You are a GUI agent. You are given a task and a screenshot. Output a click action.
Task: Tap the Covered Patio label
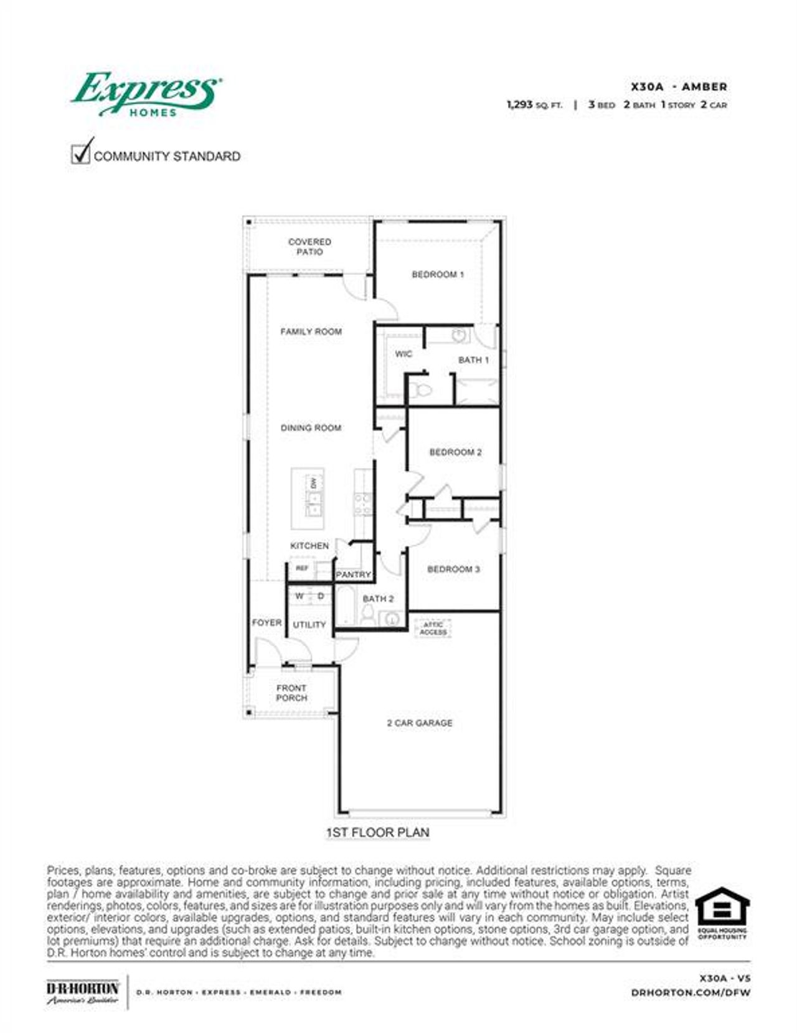309,247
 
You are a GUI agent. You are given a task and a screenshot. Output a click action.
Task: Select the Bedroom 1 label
438,274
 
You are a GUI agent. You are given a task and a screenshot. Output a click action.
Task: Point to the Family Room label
311,331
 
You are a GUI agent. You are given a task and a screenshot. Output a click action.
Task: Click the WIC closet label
403,354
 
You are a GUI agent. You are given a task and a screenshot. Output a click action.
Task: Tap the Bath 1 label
473,360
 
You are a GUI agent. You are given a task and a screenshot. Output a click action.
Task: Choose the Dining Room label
311,428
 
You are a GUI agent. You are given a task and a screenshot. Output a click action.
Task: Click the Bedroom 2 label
455,452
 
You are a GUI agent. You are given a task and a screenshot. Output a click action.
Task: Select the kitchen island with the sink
308,498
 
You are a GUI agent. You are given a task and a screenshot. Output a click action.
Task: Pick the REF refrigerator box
302,568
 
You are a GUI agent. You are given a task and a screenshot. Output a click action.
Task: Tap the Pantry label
353,574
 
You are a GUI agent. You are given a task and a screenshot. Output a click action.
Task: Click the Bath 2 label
378,599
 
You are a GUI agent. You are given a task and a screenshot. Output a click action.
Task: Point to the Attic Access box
433,628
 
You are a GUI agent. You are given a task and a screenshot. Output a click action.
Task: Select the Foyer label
266,622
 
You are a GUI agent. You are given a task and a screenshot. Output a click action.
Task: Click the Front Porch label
291,693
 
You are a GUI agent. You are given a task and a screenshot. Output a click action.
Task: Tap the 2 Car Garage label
420,723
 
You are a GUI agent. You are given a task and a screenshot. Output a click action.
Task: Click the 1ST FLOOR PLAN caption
378,832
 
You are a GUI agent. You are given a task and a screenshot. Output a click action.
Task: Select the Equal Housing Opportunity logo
722,913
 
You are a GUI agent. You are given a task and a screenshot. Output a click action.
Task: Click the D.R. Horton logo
83,991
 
